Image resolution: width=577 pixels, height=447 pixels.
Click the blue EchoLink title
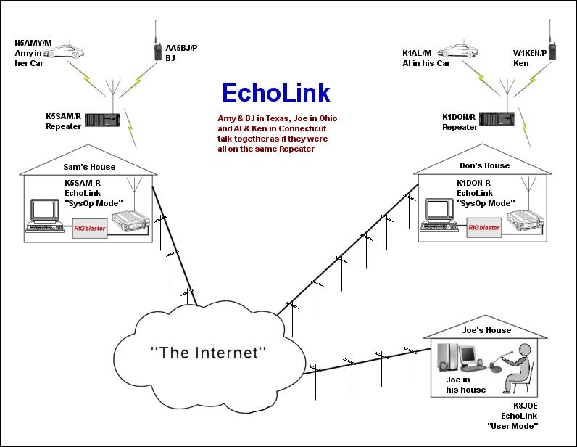click(275, 93)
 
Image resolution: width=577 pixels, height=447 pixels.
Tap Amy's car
click(94, 52)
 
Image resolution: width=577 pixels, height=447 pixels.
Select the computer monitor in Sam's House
click(43, 210)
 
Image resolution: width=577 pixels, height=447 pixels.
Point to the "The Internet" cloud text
click(209, 353)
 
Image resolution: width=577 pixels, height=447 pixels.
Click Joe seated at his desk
click(520, 370)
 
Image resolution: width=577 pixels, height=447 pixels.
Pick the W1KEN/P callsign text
click(526, 52)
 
